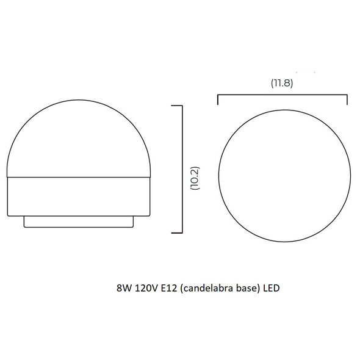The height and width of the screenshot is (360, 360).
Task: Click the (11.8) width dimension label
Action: click(282, 82)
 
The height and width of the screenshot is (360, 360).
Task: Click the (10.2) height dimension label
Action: click(195, 178)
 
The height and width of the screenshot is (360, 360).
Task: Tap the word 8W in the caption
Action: click(124, 288)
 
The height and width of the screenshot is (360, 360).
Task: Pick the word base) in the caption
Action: click(249, 288)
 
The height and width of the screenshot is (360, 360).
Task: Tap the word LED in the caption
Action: click(272, 288)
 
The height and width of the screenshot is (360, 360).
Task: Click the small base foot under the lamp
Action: click(79, 221)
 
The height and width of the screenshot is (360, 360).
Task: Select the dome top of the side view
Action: click(79, 100)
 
